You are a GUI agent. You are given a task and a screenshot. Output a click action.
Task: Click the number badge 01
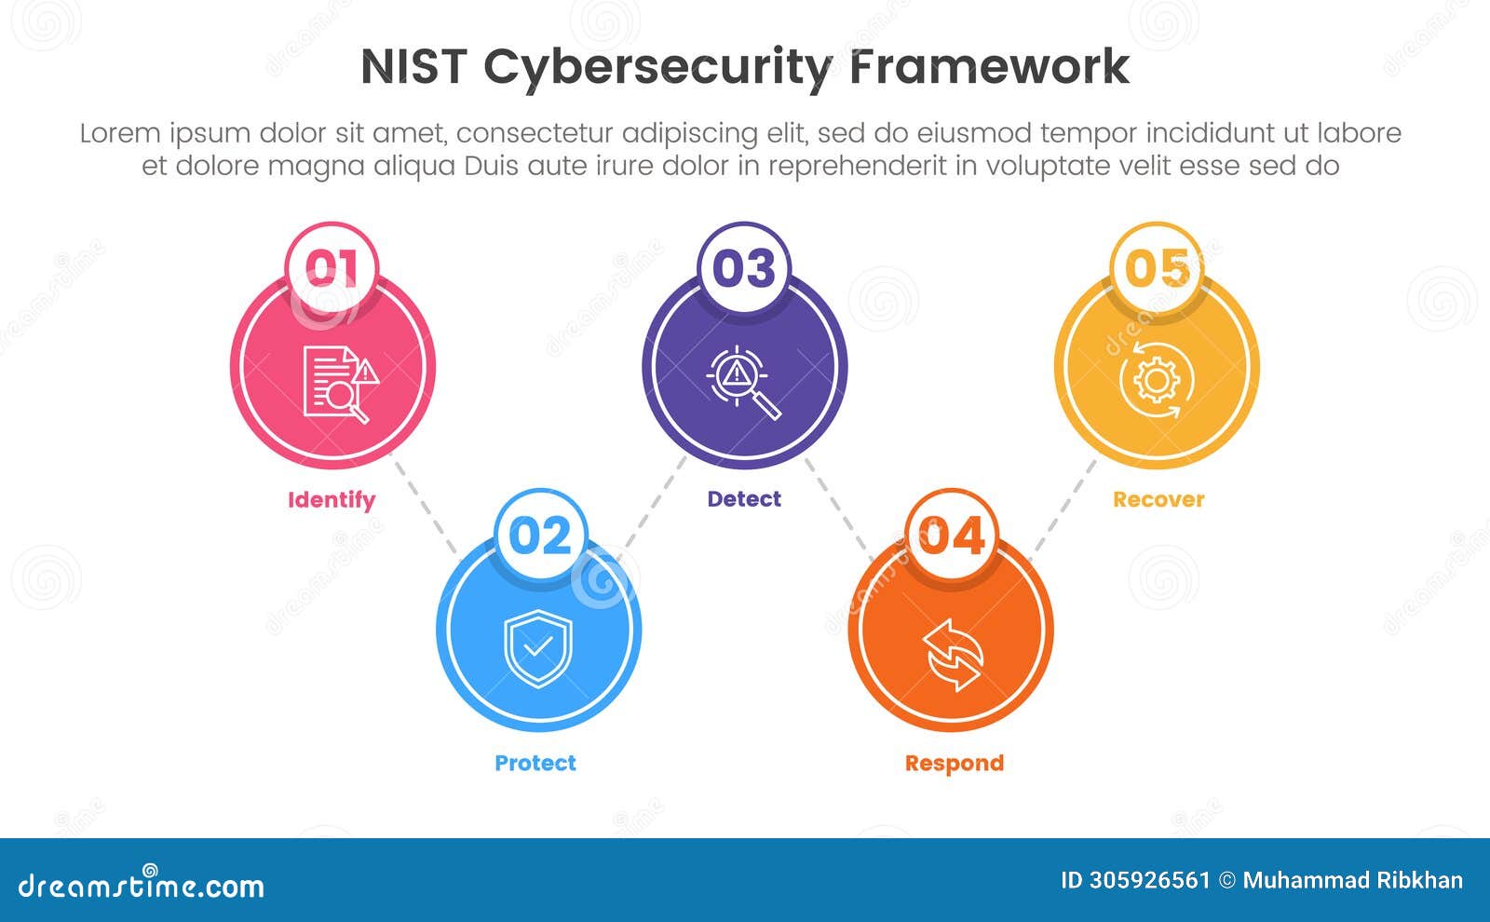[x=332, y=268]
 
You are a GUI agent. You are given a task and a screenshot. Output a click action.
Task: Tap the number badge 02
[x=540, y=536]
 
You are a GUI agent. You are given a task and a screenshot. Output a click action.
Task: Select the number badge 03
[x=744, y=268]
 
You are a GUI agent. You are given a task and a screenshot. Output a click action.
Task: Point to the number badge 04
[x=951, y=536]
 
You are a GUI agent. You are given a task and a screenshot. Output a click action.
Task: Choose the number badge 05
[x=1158, y=268]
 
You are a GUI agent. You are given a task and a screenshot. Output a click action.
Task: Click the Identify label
[x=332, y=500]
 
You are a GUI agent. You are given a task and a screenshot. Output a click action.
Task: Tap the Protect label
[x=535, y=763]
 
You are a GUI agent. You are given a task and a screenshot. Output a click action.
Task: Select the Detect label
[x=744, y=499]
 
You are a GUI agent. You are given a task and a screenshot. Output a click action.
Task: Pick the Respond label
[x=955, y=763]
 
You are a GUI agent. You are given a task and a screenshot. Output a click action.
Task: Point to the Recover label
[x=1158, y=499]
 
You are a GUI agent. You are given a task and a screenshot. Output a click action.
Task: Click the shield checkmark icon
[x=538, y=648]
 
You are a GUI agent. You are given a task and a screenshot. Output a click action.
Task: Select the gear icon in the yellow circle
[x=1156, y=380]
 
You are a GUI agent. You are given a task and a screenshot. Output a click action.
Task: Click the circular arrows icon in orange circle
[x=953, y=655]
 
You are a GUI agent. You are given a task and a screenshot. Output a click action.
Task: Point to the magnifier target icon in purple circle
[x=743, y=383]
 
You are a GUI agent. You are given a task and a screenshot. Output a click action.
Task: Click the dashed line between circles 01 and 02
[x=425, y=507]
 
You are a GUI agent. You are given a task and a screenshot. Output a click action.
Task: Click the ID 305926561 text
[x=1135, y=880]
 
